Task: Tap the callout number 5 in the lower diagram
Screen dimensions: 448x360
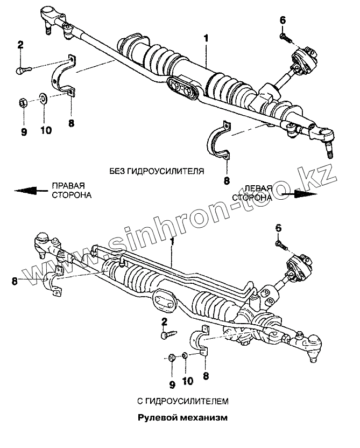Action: click(278, 228)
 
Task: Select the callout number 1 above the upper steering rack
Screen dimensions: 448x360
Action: click(206, 39)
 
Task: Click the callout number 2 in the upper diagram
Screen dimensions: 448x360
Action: click(20, 45)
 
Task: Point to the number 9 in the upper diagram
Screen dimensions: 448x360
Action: click(24, 131)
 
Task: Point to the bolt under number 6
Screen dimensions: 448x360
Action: click(285, 37)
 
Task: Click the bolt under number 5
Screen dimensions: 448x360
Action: click(281, 246)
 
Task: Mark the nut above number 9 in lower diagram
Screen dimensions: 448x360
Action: click(171, 356)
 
